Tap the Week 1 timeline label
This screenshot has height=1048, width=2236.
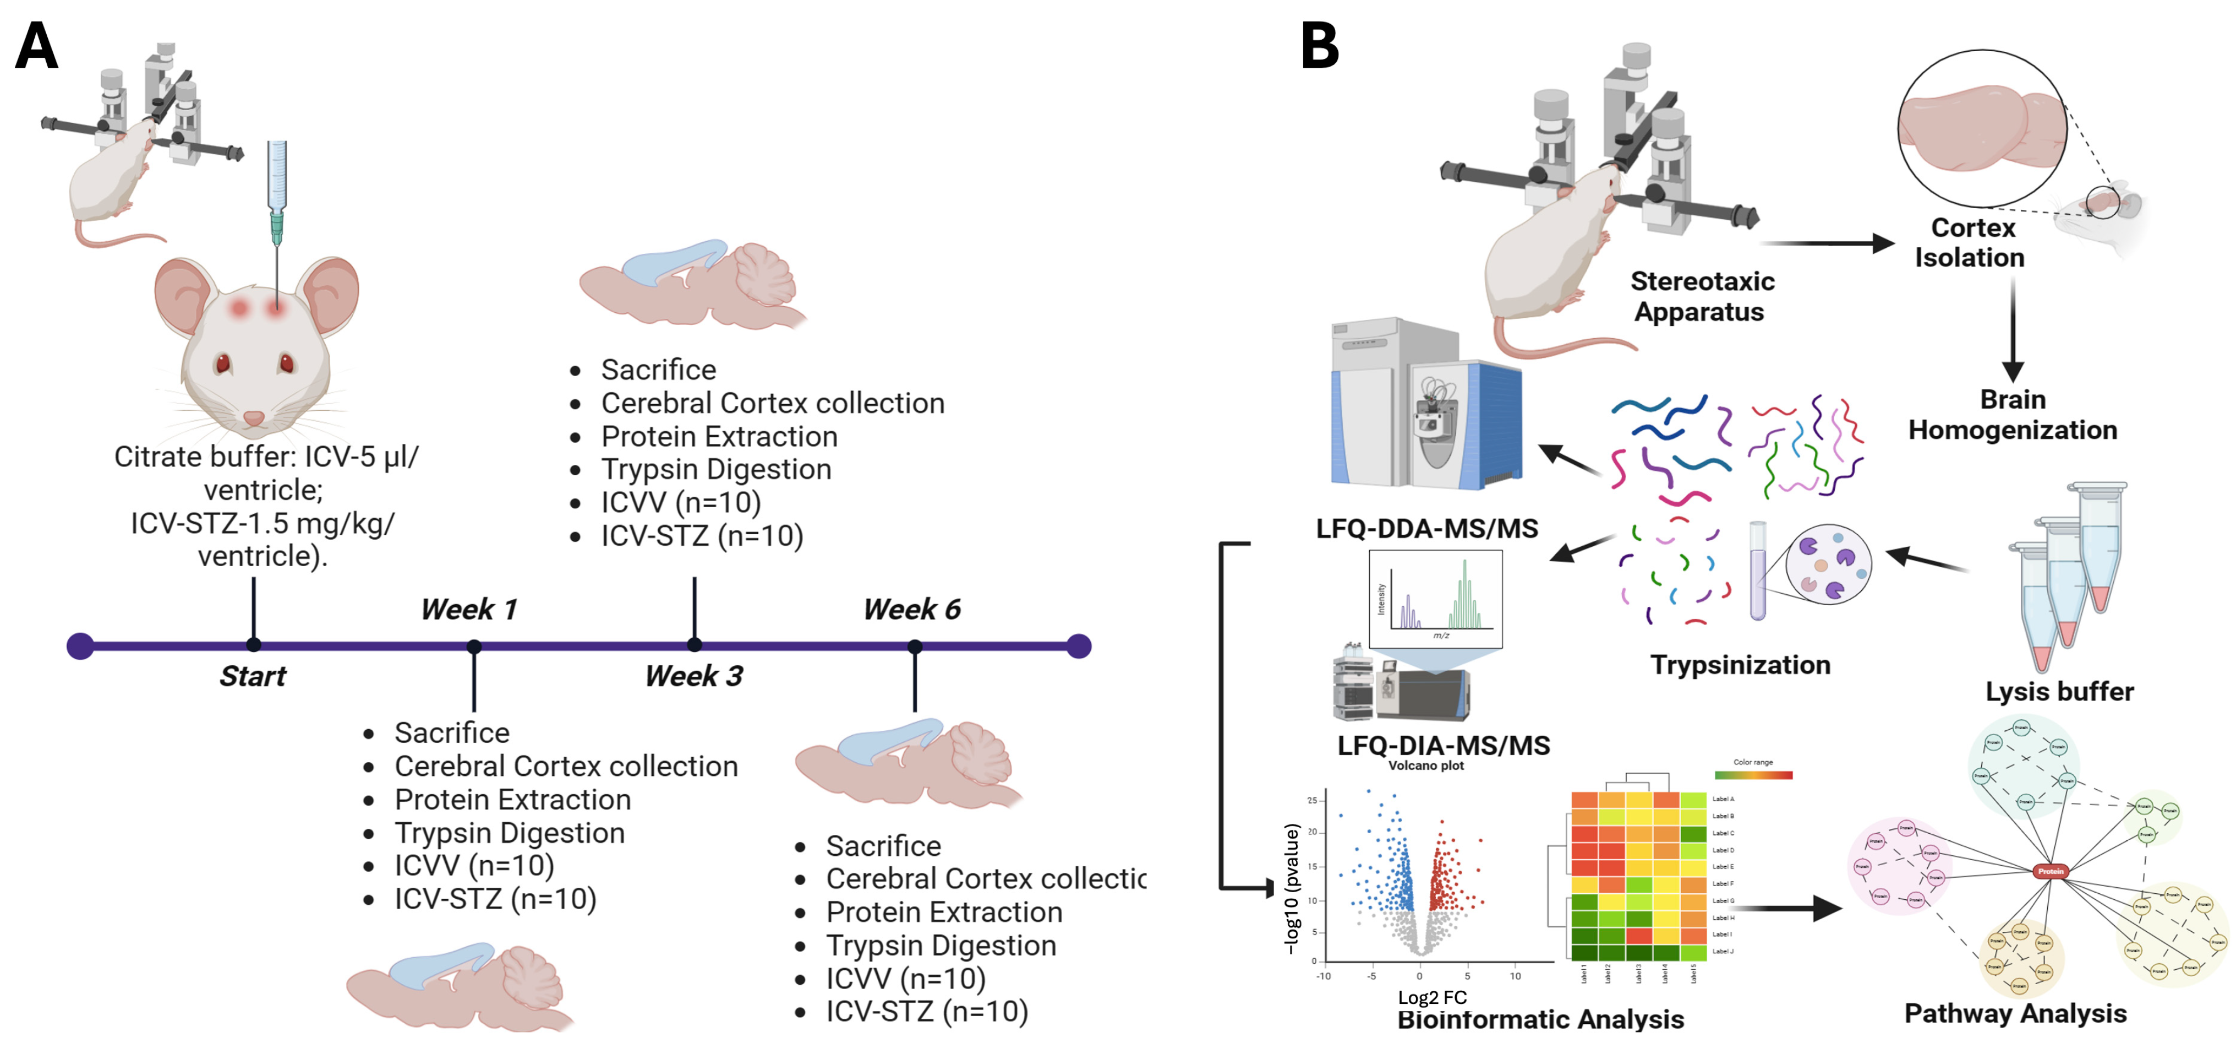coord(469,610)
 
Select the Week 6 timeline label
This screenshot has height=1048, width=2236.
coord(911,610)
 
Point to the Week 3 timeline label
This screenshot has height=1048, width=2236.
coord(693,676)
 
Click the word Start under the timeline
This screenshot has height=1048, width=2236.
coord(253,676)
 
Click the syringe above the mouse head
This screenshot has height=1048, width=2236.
coord(277,191)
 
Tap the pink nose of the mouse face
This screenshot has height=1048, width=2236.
coord(254,417)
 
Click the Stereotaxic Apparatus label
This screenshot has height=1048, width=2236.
coord(1701,296)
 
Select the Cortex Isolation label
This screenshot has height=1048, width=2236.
coord(1970,242)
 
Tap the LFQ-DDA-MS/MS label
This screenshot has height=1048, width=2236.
coord(1427,528)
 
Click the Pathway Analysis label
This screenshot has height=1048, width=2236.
coord(2015,1013)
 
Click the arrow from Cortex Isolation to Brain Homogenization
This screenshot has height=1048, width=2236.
coord(2013,330)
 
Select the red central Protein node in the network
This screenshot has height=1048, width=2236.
coord(2050,871)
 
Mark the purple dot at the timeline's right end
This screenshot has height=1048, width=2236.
coord(1078,646)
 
